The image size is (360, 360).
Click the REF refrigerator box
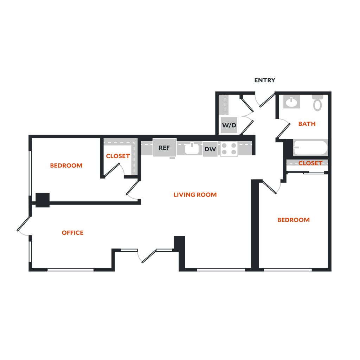(164, 148)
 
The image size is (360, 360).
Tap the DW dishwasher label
(210, 149)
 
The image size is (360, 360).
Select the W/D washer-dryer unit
(229, 125)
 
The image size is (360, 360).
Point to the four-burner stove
(229, 149)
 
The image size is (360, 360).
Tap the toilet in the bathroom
(317, 103)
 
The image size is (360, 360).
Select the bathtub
(310, 148)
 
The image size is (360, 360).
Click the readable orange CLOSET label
(310, 163)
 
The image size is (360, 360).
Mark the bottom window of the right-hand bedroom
(288, 270)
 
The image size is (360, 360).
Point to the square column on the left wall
(43, 200)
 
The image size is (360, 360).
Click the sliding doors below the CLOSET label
(307, 172)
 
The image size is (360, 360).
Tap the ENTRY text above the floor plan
(265, 81)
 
